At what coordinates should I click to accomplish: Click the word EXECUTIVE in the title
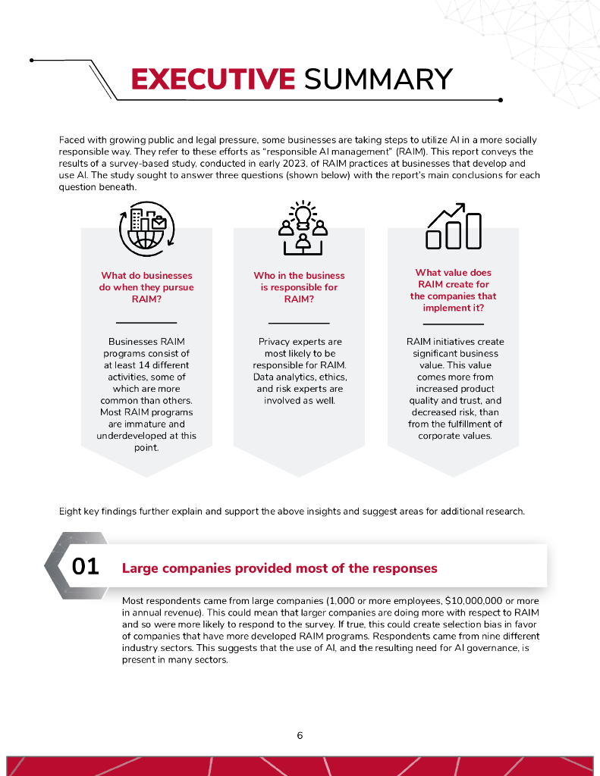(x=212, y=79)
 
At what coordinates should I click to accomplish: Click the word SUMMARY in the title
(x=378, y=79)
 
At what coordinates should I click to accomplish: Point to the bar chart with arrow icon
(x=454, y=226)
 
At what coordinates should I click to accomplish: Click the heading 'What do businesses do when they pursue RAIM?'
(x=146, y=287)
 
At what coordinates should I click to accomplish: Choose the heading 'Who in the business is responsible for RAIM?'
(x=299, y=287)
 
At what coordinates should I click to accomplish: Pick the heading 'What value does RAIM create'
(x=453, y=290)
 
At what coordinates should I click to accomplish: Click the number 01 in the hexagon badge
(x=85, y=567)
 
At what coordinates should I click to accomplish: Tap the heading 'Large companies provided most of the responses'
(x=280, y=568)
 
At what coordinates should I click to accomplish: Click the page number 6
(x=300, y=735)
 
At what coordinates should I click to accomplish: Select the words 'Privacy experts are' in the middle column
(x=300, y=342)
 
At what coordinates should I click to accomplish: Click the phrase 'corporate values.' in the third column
(x=453, y=436)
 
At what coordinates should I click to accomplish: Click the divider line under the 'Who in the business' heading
(x=299, y=324)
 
